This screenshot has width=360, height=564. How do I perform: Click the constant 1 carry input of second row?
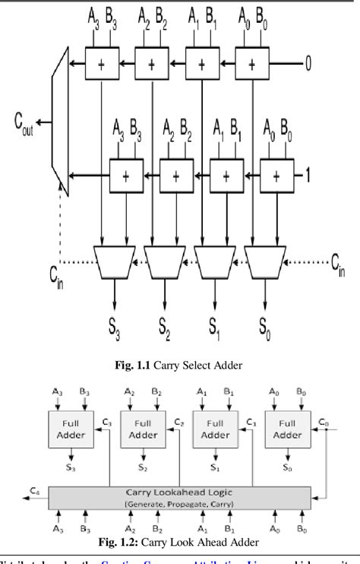(x=308, y=176)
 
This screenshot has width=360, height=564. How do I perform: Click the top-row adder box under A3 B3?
(x=101, y=64)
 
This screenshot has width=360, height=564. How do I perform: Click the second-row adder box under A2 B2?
(x=175, y=176)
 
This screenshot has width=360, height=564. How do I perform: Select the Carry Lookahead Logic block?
(x=179, y=497)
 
